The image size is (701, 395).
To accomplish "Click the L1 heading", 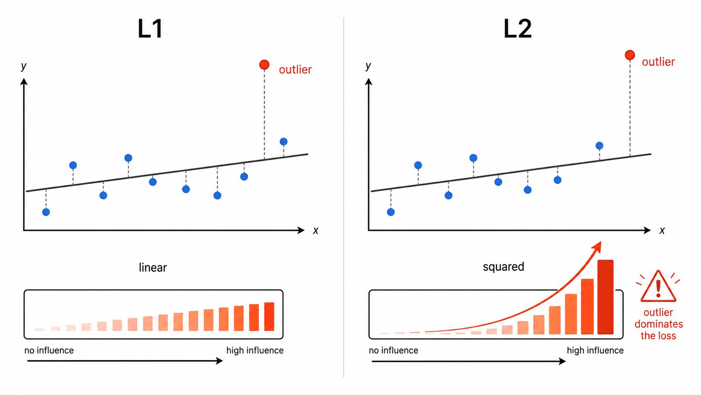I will point(150,29).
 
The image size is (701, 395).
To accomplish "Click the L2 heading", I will point(517,29).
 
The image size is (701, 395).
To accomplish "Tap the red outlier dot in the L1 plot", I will point(264,65).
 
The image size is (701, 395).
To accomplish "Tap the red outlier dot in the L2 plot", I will point(630,55).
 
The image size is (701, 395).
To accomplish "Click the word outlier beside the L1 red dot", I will point(295,70).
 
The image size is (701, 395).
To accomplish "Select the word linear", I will point(153,267).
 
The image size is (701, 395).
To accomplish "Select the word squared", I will point(503,267).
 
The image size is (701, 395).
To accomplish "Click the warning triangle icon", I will point(658,287).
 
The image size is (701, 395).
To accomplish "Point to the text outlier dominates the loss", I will point(658,324).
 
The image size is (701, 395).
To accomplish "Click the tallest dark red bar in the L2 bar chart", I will point(605,297).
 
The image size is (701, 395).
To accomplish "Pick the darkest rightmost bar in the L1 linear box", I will point(269,317).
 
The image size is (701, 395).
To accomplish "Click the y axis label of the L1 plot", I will point(23,66).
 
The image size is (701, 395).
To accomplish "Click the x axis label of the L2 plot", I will point(662,230).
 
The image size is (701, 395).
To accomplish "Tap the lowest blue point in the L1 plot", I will point(46,212).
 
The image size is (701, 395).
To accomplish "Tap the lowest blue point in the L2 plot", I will point(391,212).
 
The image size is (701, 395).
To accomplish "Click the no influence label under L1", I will point(49,351).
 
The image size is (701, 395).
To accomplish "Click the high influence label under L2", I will point(595,351).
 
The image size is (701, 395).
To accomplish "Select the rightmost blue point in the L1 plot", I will point(283,141).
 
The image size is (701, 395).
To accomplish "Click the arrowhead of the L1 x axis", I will point(301,230).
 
